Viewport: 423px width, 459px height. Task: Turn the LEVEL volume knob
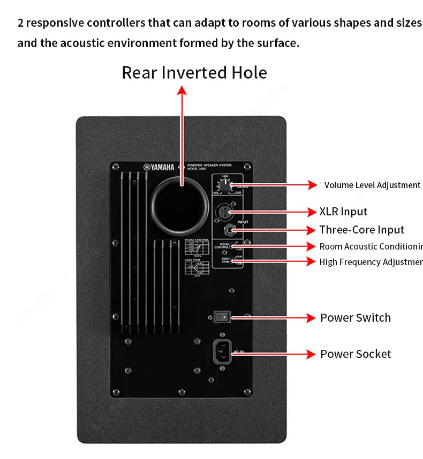click(227, 186)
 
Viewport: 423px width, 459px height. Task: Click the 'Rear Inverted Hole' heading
click(194, 73)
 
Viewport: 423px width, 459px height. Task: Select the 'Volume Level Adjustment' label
click(372, 185)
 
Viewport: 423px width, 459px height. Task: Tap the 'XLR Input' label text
click(343, 212)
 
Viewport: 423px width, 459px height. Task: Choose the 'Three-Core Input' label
click(361, 230)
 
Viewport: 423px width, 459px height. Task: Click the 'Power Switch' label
click(356, 317)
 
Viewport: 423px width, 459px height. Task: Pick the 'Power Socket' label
click(356, 354)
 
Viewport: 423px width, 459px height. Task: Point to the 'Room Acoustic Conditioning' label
click(371, 246)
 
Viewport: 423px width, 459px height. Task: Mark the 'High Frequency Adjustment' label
click(371, 262)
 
